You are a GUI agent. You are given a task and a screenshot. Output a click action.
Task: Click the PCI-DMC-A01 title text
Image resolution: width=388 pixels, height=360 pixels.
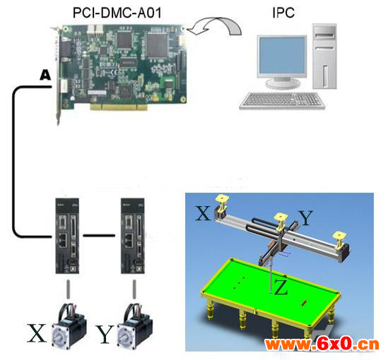coord(117,13)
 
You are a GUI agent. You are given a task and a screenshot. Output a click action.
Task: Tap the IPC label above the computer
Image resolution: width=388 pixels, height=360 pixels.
coord(283,13)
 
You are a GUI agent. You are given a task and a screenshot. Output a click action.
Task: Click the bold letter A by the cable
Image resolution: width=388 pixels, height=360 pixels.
coord(45,75)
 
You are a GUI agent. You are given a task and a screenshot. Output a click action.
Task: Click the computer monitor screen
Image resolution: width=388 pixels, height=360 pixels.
coord(282,55)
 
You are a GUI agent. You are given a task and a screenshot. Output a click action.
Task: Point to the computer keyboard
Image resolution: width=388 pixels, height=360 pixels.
coord(282,100)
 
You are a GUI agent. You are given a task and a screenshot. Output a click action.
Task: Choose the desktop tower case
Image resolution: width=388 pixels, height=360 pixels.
coord(324,56)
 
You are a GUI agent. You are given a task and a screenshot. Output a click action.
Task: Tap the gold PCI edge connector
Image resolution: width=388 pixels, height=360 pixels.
coord(119,107)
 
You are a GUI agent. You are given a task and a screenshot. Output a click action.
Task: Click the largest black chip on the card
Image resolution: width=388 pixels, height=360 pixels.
coord(158,45)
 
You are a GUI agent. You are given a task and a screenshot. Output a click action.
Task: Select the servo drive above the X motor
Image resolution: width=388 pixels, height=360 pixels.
coord(67,236)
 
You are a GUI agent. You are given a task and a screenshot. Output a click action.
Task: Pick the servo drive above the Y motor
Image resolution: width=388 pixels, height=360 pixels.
coord(133,236)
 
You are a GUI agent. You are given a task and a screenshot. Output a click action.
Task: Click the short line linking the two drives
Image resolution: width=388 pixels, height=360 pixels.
coord(99,236)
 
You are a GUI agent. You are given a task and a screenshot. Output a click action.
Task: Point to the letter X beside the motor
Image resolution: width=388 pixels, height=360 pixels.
coord(37,332)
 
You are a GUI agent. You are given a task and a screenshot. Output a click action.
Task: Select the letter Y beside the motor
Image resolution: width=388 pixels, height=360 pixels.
coord(105,335)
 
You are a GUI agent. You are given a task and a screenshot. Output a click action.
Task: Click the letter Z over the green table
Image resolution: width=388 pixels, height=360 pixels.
coord(281,287)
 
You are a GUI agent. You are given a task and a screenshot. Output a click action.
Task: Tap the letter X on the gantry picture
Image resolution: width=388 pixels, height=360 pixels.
coord(203,213)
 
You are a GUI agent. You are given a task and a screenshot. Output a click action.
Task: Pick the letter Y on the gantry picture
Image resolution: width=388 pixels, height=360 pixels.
coord(306,218)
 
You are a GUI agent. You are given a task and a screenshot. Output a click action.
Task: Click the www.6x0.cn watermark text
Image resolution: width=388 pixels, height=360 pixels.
coord(322,344)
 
